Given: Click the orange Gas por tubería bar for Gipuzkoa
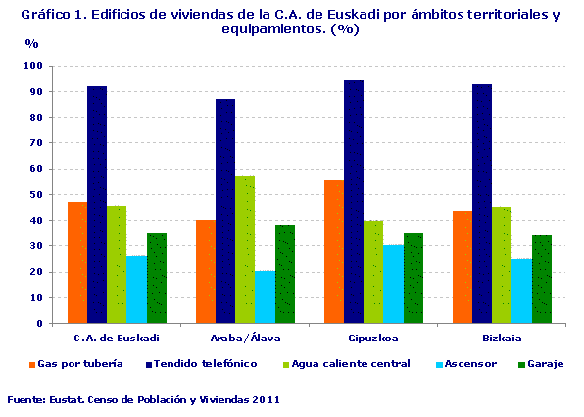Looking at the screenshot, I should (334, 251).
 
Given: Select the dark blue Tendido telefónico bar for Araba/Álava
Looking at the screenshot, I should (225, 211).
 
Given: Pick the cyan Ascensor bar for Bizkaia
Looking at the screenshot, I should (521, 290).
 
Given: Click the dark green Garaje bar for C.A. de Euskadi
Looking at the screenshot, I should (157, 278).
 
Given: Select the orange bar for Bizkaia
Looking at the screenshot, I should (462, 267).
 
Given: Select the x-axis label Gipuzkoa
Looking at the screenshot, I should (373, 338).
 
